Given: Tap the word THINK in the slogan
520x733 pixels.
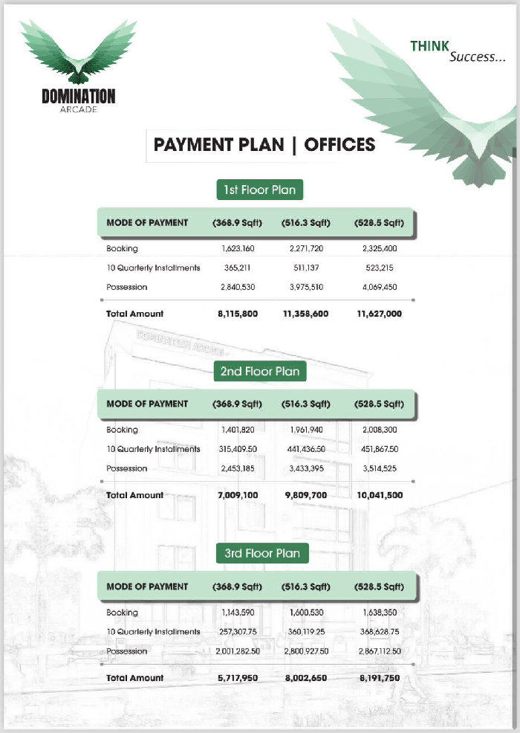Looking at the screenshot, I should click(430, 46).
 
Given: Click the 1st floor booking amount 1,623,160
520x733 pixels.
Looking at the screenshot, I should click(238, 248).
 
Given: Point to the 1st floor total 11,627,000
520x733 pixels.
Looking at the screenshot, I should click(379, 314).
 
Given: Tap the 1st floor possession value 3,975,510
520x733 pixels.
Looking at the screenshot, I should click(305, 287).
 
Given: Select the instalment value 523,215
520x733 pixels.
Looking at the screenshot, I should click(379, 268).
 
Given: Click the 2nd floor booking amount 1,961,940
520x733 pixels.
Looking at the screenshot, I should click(305, 430).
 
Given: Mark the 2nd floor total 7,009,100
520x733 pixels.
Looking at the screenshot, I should click(238, 495).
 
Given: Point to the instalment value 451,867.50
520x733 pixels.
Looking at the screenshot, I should click(379, 449).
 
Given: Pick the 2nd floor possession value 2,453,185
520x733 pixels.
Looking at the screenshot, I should click(238, 468).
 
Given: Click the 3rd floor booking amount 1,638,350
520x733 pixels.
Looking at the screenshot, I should click(379, 613).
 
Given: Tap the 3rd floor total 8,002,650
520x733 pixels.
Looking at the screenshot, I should click(305, 678).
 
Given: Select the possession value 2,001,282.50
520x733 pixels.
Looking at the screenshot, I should click(238, 651).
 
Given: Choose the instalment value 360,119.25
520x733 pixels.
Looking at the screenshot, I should click(305, 632).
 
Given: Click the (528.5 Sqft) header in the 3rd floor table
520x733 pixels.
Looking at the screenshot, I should click(379, 587).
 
